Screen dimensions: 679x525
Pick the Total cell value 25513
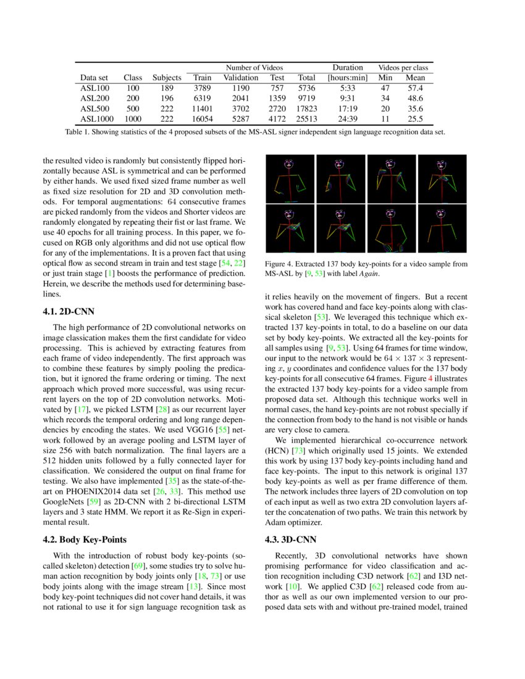tap(306, 119)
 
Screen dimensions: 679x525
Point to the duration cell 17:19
tap(347, 108)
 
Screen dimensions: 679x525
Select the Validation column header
tap(240, 78)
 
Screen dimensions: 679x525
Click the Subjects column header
tap(167, 78)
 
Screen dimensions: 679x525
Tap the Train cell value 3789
tap(202, 88)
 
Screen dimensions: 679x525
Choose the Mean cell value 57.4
tap(415, 88)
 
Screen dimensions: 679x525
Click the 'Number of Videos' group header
tap(254, 67)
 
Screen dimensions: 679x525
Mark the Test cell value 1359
tap(277, 98)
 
